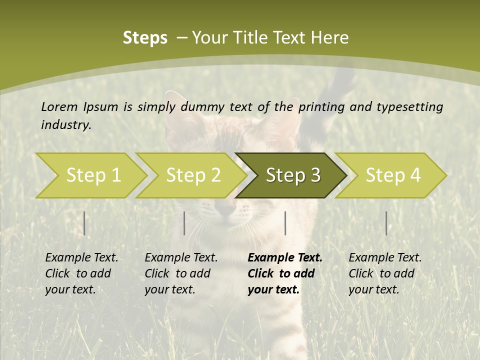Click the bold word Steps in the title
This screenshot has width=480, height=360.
pos(145,38)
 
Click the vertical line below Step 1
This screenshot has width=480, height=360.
pos(84,223)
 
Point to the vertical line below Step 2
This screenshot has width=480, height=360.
pos(184,223)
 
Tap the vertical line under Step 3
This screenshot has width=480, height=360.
pos(285,223)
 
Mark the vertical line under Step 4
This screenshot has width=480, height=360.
pos(386,223)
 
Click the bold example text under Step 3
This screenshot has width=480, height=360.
pos(284,273)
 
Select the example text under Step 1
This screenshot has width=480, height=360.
pos(81,273)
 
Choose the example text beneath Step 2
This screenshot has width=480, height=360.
pos(181,273)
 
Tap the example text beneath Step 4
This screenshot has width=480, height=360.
pos(385,273)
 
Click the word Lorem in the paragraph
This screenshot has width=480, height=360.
pos(59,106)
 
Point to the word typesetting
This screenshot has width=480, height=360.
pos(410,107)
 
